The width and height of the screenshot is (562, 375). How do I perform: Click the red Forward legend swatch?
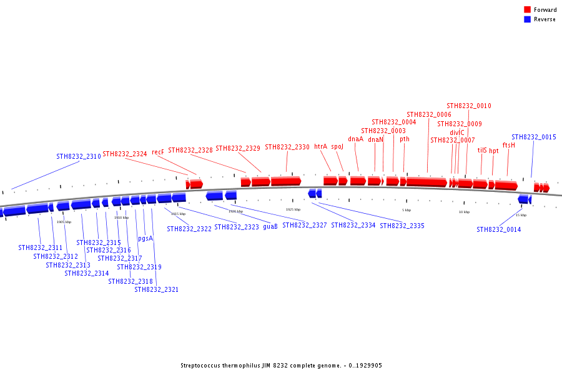[527, 10]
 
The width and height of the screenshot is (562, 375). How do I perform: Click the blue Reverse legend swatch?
[527, 19]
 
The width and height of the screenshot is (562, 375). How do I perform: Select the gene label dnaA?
[355, 139]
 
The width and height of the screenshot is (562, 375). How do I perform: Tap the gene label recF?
[157, 152]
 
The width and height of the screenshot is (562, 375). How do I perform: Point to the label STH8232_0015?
[533, 137]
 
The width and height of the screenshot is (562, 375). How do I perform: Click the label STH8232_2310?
[78, 156]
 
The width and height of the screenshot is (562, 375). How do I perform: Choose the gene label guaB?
[270, 226]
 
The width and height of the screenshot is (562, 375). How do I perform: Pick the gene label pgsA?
[145, 238]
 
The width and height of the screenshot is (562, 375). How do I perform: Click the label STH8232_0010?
[468, 106]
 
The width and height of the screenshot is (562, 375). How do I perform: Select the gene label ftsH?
[508, 145]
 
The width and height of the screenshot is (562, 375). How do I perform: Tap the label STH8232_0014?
[498, 229]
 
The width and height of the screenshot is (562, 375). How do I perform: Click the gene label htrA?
[320, 146]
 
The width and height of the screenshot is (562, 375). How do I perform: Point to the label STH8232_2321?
[156, 289]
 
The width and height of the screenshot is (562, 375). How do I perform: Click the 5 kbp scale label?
[407, 210]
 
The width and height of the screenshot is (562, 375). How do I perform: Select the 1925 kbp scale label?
[293, 209]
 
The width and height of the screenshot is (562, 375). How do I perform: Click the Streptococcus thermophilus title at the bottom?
[281, 366]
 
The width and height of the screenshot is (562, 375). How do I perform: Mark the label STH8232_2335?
[402, 225]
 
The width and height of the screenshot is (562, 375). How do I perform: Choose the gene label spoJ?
[337, 146]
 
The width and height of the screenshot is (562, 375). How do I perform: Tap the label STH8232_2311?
[40, 247]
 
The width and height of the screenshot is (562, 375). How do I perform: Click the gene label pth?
[405, 139]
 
